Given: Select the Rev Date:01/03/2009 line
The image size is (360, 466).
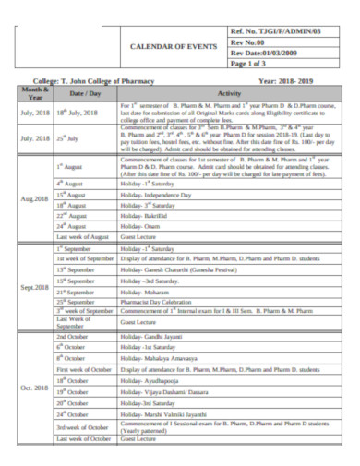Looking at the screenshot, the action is [273, 54].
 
